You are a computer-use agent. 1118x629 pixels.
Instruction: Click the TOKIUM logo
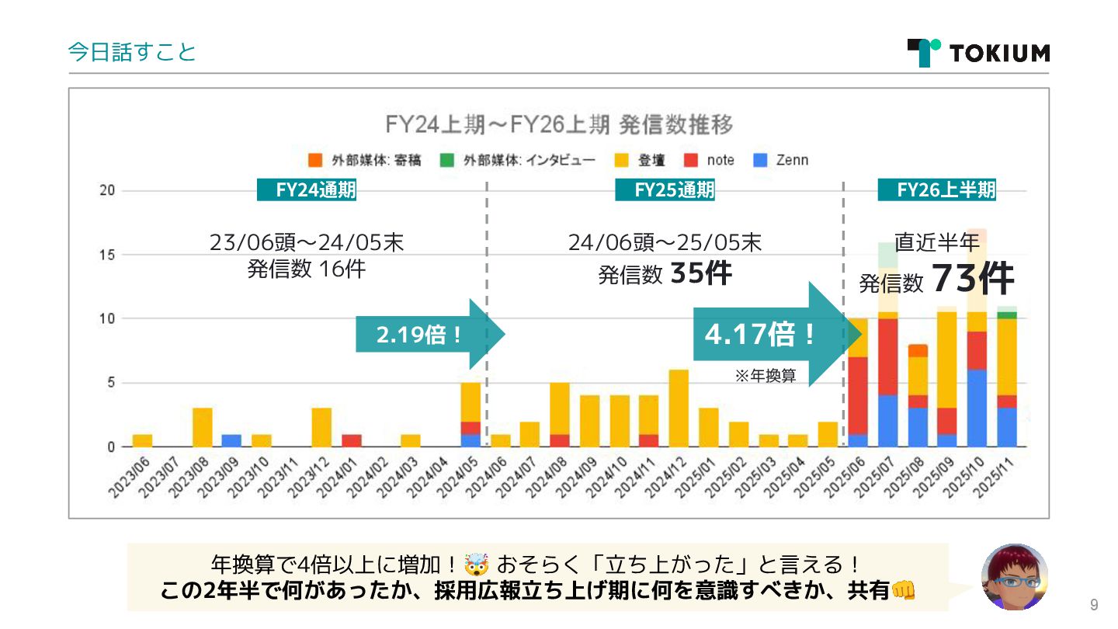pos(978,53)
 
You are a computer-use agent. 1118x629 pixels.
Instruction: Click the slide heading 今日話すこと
pos(132,52)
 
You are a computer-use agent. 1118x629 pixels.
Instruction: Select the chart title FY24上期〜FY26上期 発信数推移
pos(559,124)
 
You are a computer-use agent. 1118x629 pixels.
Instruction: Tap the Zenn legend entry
pos(782,160)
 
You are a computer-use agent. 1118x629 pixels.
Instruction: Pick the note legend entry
pos(710,160)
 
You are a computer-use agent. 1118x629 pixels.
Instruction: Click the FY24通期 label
pos(307,190)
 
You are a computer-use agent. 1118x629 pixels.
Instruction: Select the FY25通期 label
pos(665,190)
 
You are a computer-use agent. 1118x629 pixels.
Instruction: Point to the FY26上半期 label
pos(937,190)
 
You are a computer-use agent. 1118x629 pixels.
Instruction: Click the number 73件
pos(973,279)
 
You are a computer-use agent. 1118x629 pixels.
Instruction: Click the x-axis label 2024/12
pos(667,477)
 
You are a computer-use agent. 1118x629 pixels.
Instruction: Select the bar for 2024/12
pos(679,408)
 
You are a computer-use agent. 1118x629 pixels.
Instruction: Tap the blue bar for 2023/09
pos(231,440)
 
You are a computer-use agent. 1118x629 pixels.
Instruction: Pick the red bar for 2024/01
pos(351,440)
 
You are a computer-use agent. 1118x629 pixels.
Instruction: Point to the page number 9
pos(1094,606)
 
